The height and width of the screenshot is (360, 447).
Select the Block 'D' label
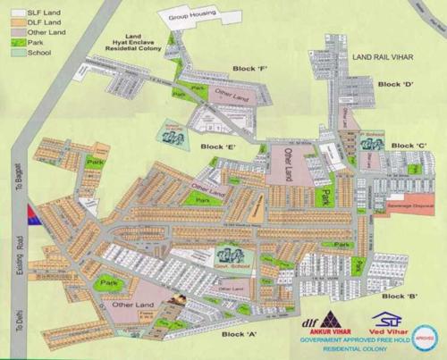[394, 84]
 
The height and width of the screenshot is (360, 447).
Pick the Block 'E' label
[217, 145]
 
